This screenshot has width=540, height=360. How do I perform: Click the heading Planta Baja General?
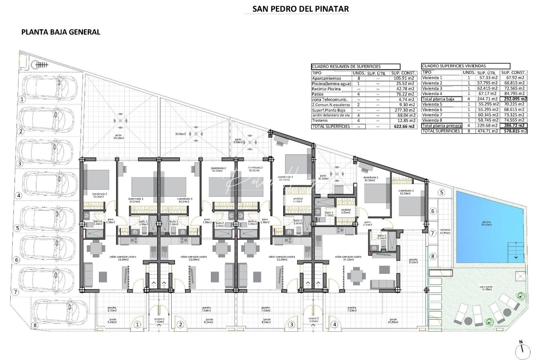point(61,32)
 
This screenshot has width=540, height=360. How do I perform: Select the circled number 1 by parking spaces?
point(22,99)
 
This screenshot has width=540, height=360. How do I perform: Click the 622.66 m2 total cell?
point(403,126)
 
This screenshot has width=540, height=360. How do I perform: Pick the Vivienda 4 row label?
point(432,94)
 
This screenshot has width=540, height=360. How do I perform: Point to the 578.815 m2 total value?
point(514,131)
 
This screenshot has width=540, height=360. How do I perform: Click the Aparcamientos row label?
point(326,78)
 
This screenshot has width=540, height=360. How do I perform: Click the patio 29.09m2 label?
point(119,136)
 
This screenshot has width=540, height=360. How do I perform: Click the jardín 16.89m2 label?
point(393,321)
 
